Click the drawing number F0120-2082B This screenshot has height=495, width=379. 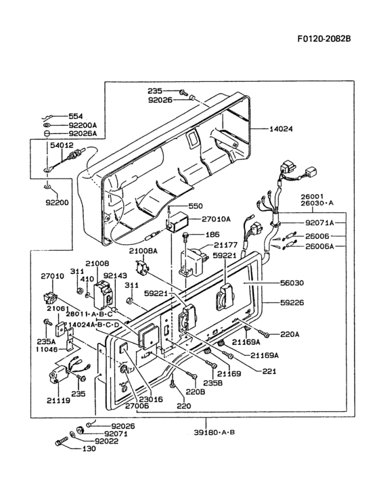click(324, 39)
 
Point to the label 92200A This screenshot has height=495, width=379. click(83, 125)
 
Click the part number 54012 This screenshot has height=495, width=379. click(62, 145)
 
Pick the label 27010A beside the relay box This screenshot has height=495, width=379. click(215, 218)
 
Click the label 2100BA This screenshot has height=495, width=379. click(143, 250)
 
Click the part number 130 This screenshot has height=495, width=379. click(89, 448)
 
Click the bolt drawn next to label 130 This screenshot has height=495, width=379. click(60, 443)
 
